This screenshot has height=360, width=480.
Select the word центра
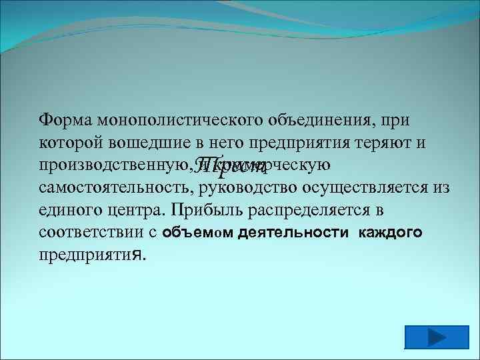(x=137, y=211)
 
